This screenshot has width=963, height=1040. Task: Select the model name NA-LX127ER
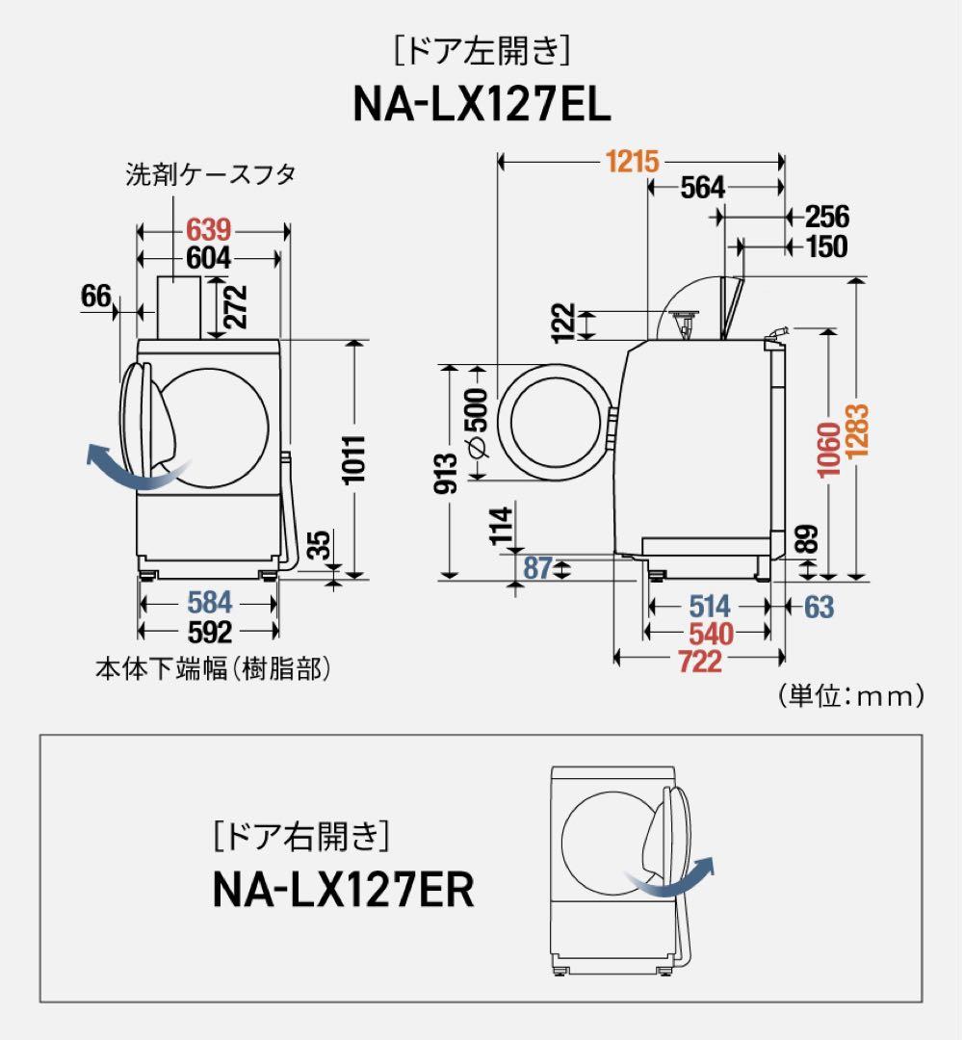point(343,891)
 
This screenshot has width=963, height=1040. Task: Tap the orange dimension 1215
point(632,162)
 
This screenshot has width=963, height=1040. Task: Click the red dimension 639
point(209,230)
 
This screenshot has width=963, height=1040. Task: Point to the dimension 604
point(209,257)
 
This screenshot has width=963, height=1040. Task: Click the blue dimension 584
point(209,603)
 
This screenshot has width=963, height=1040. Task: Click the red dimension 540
point(709,633)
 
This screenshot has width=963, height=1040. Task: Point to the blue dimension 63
point(819,606)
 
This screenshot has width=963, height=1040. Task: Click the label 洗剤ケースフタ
point(210,174)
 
